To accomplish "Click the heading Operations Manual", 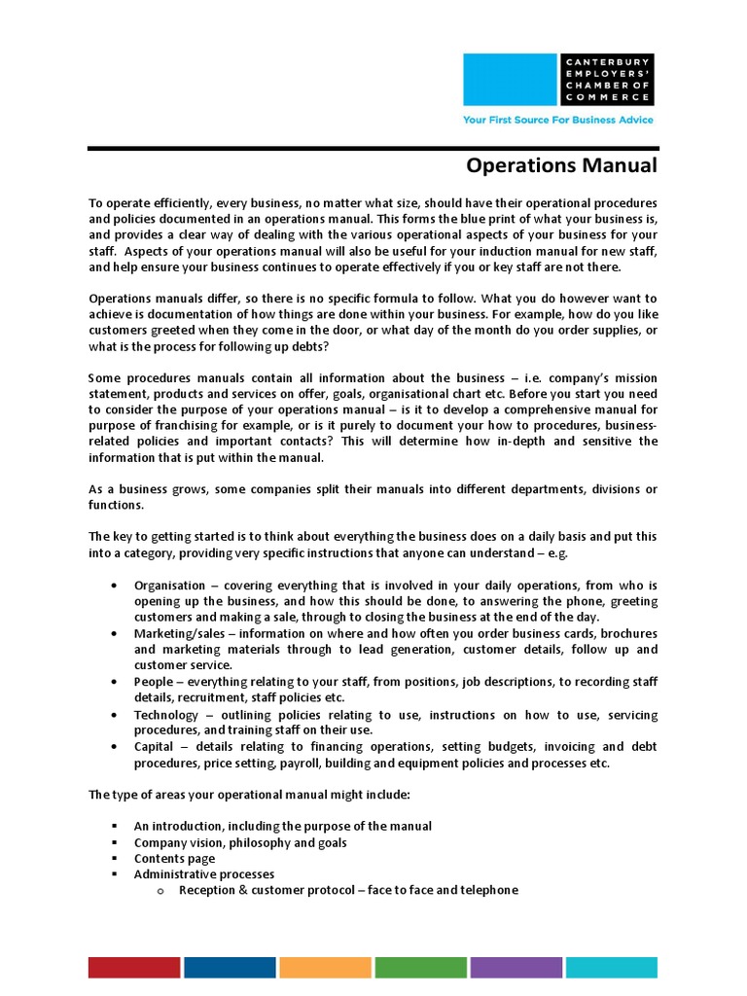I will pyautogui.click(x=561, y=165).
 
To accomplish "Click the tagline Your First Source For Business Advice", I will pyautogui.click(x=558, y=121).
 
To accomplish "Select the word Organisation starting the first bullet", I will pyautogui.click(x=169, y=586).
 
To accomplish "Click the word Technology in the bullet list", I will pyautogui.click(x=166, y=715).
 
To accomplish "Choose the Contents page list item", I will pyautogui.click(x=175, y=859).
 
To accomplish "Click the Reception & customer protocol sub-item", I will pyautogui.click(x=348, y=890).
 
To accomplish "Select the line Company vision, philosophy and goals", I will pyautogui.click(x=240, y=842).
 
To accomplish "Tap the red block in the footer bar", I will pyautogui.click(x=134, y=967).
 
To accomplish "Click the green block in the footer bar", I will pyautogui.click(x=420, y=967).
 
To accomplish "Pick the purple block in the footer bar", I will pyautogui.click(x=516, y=967).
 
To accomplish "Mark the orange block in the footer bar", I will pyautogui.click(x=325, y=967).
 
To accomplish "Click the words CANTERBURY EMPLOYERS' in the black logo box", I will pyautogui.click(x=608, y=67).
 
